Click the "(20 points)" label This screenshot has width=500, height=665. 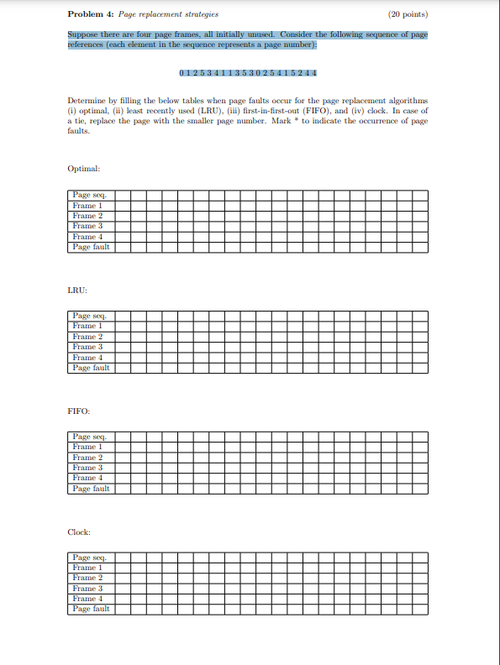(x=408, y=14)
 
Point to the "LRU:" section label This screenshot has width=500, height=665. (x=77, y=290)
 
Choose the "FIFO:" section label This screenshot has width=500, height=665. (x=79, y=411)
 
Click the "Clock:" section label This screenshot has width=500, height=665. (x=79, y=532)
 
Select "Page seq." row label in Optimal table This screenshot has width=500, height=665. (x=89, y=196)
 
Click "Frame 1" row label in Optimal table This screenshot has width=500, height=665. (x=87, y=206)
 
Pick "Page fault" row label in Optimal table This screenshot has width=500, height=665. (x=91, y=247)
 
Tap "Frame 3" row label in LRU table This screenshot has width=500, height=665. (x=87, y=347)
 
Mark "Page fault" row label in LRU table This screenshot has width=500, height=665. (x=91, y=368)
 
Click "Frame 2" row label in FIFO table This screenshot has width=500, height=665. (x=87, y=458)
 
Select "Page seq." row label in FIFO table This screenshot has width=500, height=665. (x=89, y=437)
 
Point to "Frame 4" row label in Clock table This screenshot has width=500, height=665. (x=87, y=599)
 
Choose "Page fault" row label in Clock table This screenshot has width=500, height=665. (x=91, y=609)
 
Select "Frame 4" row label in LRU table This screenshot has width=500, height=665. (x=87, y=357)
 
